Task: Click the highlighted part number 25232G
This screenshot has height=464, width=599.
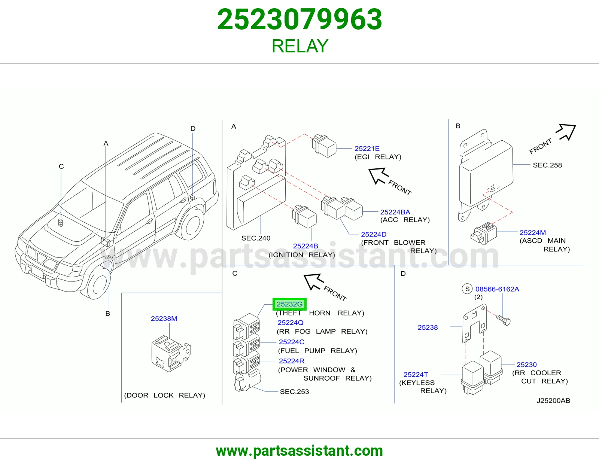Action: click(x=289, y=304)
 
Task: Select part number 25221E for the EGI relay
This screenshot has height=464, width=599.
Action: click(x=367, y=149)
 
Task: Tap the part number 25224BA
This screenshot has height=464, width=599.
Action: click(x=395, y=212)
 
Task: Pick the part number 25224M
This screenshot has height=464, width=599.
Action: click(x=533, y=232)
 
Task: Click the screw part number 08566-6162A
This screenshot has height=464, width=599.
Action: click(x=497, y=289)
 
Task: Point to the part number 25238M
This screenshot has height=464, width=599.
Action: click(x=164, y=318)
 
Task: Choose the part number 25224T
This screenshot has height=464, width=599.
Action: click(x=416, y=375)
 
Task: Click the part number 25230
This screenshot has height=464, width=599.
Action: click(x=526, y=364)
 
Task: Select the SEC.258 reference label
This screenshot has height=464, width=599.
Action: click(x=547, y=165)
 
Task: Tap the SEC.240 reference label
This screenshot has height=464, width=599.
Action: click(x=256, y=238)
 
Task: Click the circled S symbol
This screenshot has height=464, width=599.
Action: click(x=467, y=289)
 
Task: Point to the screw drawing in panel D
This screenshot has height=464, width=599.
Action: click(x=503, y=320)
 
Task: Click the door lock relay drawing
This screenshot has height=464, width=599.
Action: click(x=171, y=354)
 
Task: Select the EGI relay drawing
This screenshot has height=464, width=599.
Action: click(x=324, y=146)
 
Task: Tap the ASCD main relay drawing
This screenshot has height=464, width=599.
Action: click(x=483, y=233)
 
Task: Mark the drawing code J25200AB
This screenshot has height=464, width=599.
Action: click(x=553, y=401)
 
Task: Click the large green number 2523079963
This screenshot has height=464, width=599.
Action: click(x=299, y=19)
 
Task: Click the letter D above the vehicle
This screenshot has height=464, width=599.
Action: click(x=193, y=128)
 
